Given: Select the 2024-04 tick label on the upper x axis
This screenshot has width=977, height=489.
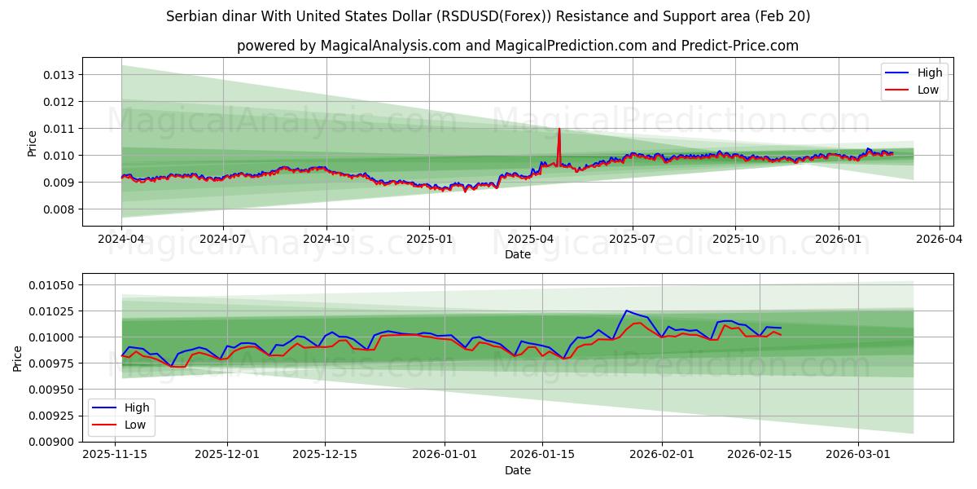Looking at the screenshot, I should [121, 240].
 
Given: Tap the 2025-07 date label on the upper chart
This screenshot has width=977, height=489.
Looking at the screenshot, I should [633, 240].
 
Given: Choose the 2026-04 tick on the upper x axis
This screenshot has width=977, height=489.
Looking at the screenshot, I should [940, 240].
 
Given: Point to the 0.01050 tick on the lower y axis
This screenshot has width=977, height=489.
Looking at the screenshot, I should [53, 285].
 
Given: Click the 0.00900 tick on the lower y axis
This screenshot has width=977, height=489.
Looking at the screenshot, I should [53, 442].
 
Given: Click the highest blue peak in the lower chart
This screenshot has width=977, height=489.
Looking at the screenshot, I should [626, 311].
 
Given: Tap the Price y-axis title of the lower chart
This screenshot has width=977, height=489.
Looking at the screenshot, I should [19, 358].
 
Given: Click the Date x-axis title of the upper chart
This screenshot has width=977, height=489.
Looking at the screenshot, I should [517, 254].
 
